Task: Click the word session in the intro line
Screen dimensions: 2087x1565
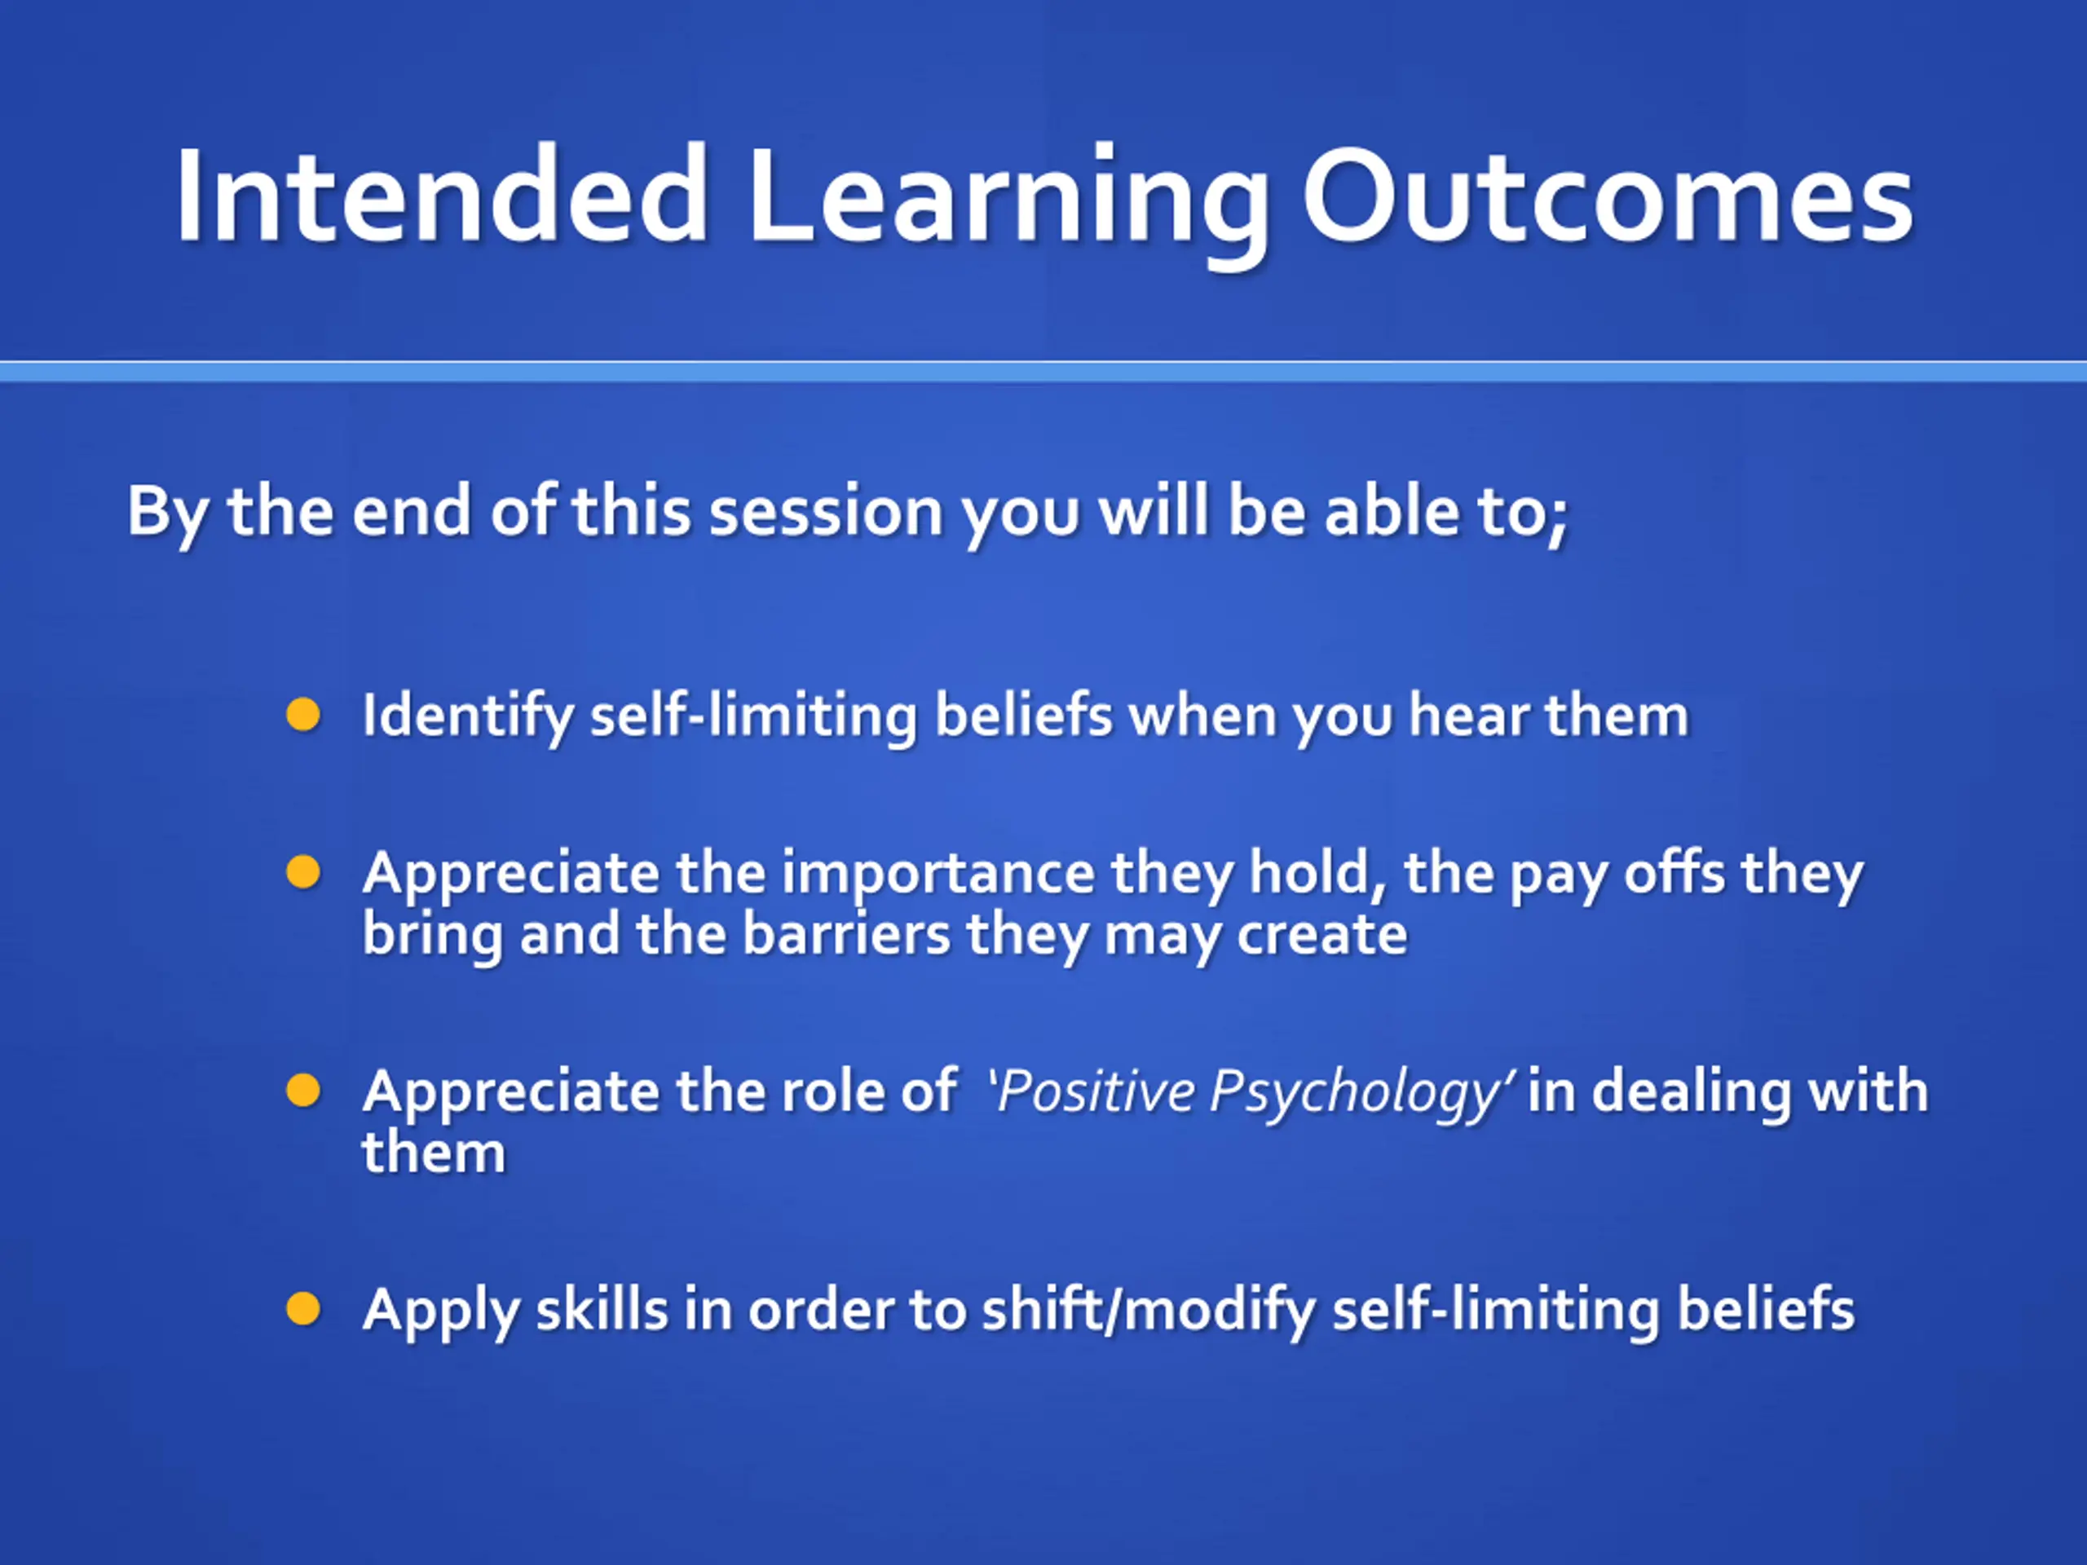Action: [x=826, y=512]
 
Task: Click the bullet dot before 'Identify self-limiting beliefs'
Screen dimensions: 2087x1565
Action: [x=303, y=715]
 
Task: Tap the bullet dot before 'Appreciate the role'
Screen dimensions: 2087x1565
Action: [x=303, y=1091]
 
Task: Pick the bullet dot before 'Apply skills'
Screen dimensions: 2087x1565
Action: [x=303, y=1309]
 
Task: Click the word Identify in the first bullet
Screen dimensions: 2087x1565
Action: [x=468, y=717]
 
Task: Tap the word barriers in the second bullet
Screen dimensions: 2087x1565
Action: [x=846, y=934]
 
